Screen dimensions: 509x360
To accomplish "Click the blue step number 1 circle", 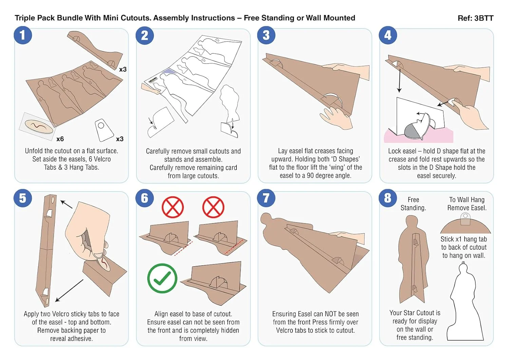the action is pyautogui.click(x=23, y=35).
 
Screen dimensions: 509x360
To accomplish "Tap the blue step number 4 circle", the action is pyautogui.click(x=388, y=35).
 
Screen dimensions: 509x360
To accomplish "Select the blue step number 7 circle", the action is pyautogui.click(x=266, y=198).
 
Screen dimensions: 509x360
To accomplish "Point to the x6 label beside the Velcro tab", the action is pyautogui.click(x=60, y=139).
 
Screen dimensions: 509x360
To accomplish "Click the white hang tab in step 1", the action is pyautogui.click(x=104, y=130).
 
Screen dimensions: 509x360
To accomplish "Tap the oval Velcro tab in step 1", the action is pyautogui.click(x=39, y=126).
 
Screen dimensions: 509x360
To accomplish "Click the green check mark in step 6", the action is pyautogui.click(x=162, y=278).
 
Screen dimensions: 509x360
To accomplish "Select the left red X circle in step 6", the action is pyautogui.click(x=173, y=207).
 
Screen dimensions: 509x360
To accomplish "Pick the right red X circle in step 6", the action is pyautogui.click(x=213, y=207).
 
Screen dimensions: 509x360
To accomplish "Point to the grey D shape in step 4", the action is pyautogui.click(x=412, y=131).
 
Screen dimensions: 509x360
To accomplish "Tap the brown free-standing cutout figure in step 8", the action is pyautogui.click(x=413, y=259).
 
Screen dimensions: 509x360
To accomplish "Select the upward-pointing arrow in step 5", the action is pyautogui.click(x=67, y=204).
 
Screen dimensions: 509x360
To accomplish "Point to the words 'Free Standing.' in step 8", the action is pyautogui.click(x=413, y=204).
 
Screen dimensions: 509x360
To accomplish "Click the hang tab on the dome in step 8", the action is pyautogui.click(x=465, y=218).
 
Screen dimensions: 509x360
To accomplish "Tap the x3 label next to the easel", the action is pyautogui.click(x=123, y=69).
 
